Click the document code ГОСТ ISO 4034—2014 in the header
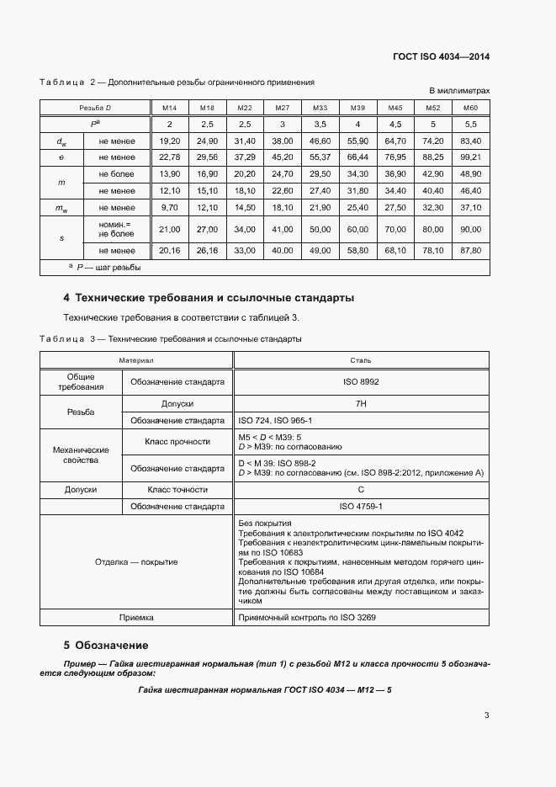pyautogui.click(x=441, y=56)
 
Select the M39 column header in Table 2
pyautogui.click(x=357, y=108)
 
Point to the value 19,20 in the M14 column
pyautogui.click(x=170, y=141)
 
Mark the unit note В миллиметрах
pyautogui.click(x=459, y=90)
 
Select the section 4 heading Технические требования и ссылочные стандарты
pyautogui.click(x=209, y=298)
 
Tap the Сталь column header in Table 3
pyautogui.click(x=361, y=359)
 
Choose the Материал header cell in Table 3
pyautogui.click(x=135, y=359)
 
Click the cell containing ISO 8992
pyautogui.click(x=361, y=381)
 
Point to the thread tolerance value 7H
pyautogui.click(x=361, y=404)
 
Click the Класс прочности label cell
pyautogui.click(x=177, y=441)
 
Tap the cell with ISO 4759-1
pyautogui.click(x=361, y=507)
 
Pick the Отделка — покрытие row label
pyautogui.click(x=136, y=561)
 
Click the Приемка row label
pyautogui.click(x=136, y=617)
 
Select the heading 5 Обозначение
pyautogui.click(x=106, y=646)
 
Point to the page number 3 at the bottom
pyautogui.click(x=486, y=715)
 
